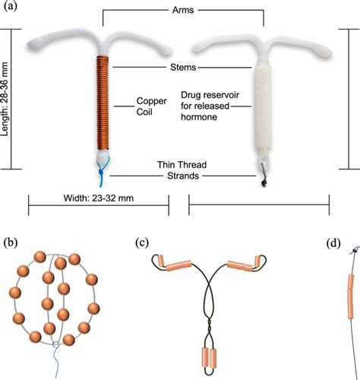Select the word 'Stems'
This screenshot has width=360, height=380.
(x=182, y=68)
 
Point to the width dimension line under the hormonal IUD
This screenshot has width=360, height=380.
(x=258, y=203)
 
